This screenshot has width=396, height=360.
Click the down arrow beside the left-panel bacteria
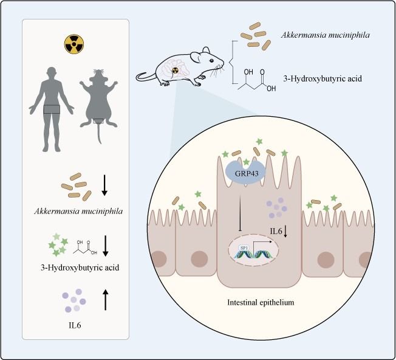(x=104, y=184)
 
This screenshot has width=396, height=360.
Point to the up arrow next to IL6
(x=106, y=299)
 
